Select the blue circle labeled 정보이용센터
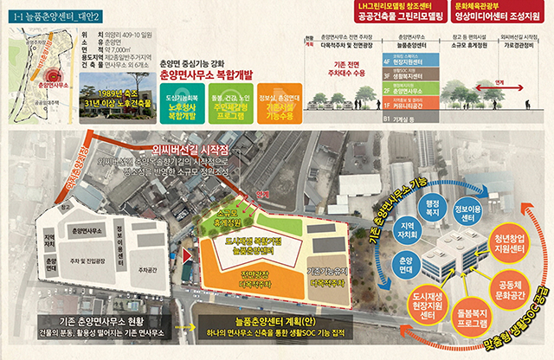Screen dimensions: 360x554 click(x=466, y=213)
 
